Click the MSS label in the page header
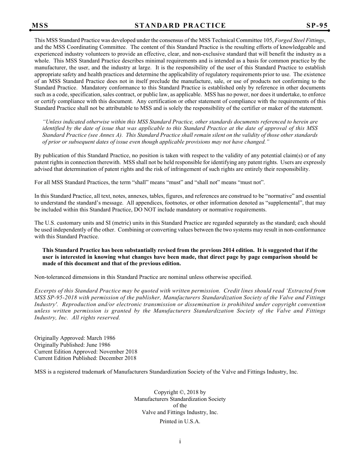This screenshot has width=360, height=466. [x=40, y=25]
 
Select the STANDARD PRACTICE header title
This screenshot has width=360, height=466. [x=180, y=25]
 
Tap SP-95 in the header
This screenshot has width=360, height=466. [x=317, y=25]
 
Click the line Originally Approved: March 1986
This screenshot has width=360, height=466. [x=75, y=338]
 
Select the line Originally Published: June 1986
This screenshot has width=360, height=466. [x=72, y=345]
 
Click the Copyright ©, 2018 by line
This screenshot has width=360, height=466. [x=180, y=393]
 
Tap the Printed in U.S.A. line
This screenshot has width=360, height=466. [x=180, y=421]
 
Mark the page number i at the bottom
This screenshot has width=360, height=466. [x=180, y=441]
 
